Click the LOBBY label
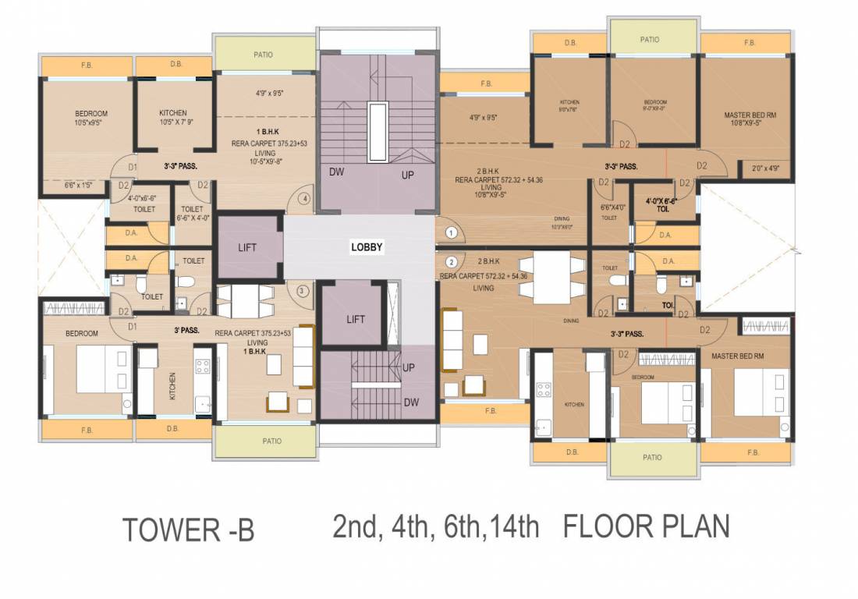[x=367, y=247]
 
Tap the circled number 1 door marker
[x=450, y=232]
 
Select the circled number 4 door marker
[x=304, y=199]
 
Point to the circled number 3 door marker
[x=303, y=292]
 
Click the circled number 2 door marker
[x=450, y=261]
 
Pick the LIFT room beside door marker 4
[x=247, y=247]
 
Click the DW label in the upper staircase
[x=337, y=172]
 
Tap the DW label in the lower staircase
[x=411, y=402]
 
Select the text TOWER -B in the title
[x=189, y=530]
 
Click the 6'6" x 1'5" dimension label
[x=77, y=186]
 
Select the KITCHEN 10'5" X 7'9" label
[x=172, y=118]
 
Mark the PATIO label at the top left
[x=263, y=55]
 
